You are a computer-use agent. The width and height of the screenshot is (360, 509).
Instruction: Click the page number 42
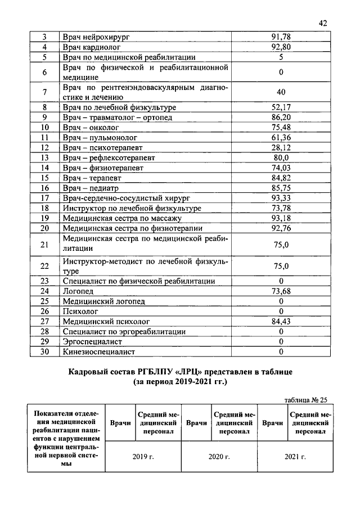[x=322, y=23]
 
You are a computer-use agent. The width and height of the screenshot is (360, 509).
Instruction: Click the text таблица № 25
[x=305, y=400]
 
